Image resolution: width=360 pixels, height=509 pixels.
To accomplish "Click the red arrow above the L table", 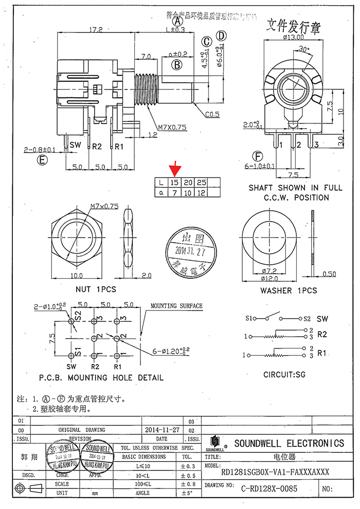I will [x=176, y=168].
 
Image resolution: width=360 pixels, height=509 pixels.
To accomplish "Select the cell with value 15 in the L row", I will [x=175, y=183].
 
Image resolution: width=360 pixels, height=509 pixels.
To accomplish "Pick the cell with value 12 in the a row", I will [x=202, y=192].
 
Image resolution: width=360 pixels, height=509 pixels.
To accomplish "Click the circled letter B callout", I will [x=177, y=65].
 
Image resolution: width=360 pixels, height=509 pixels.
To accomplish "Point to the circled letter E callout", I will [x=42, y=160].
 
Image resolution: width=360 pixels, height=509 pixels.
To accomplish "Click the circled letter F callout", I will [x=257, y=156].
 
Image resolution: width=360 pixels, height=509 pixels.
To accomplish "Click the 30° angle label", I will [x=304, y=49].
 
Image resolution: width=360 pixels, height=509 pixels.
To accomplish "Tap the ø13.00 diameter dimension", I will [x=293, y=37].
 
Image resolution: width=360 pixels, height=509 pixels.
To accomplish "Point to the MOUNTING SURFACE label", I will [x=176, y=306].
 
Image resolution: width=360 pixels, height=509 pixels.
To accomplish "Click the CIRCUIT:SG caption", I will [x=284, y=374].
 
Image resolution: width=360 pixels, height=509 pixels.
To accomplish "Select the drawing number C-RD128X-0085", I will [x=269, y=489].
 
